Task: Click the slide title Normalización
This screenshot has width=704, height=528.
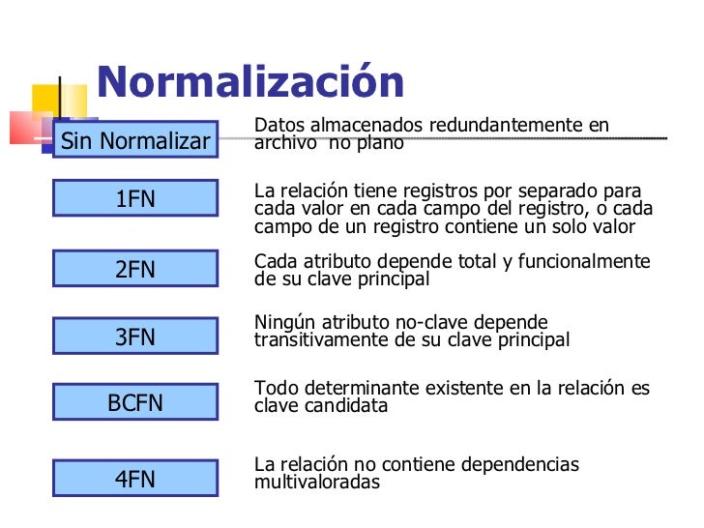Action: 249,83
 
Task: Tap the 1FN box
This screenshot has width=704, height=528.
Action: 135,200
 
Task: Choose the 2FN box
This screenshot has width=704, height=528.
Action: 135,270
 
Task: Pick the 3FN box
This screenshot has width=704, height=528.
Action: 135,337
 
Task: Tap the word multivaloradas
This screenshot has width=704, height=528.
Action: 317,482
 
